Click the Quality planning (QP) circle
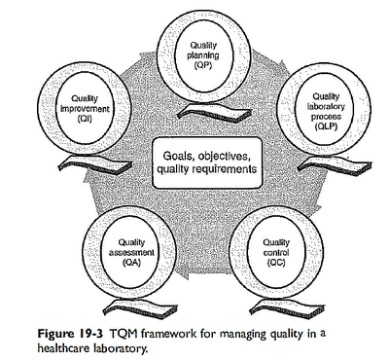[203, 53]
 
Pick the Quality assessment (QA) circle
[130, 252]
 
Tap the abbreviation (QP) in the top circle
[203, 66]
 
